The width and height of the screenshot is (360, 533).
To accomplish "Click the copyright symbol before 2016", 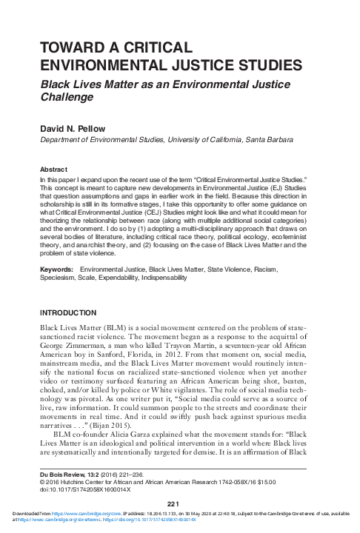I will pyautogui.click(x=42, y=479).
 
